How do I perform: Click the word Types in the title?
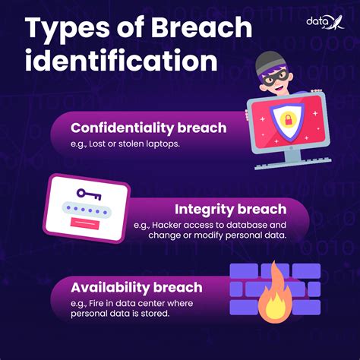click(63, 28)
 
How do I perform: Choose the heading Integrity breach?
click(230, 208)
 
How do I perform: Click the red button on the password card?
click(84, 223)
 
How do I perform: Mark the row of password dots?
click(86, 210)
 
